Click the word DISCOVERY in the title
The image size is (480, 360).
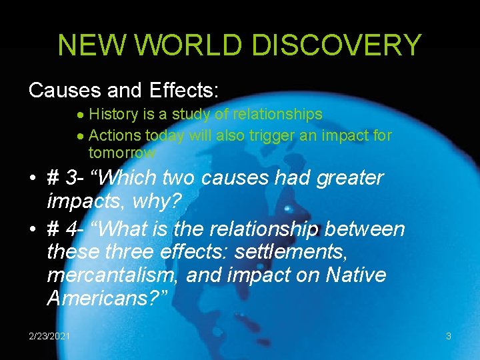(348, 45)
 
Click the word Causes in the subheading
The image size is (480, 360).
(62, 89)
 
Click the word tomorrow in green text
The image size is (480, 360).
(122, 152)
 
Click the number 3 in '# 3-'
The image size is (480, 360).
(73, 179)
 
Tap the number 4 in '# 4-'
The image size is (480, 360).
(73, 229)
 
